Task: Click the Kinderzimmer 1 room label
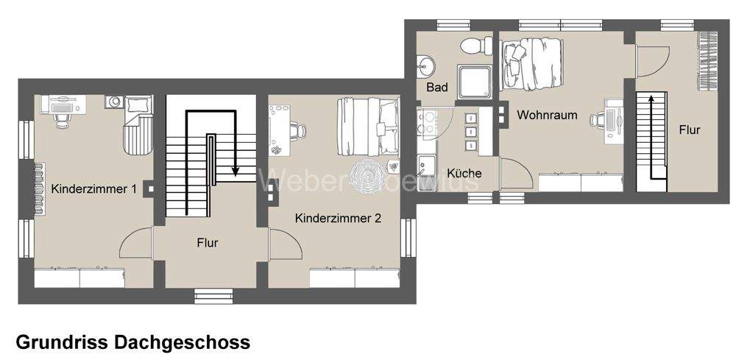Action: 94,189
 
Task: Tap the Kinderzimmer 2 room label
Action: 338,219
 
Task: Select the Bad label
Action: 437,88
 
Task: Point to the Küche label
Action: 464,174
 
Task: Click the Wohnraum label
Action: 547,116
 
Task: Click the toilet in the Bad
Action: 477,46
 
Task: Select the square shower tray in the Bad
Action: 475,81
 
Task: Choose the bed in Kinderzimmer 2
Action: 366,127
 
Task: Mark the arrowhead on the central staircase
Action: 236,171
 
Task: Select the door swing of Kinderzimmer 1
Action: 137,243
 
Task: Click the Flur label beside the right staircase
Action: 690,130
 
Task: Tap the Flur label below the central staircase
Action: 208,242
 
